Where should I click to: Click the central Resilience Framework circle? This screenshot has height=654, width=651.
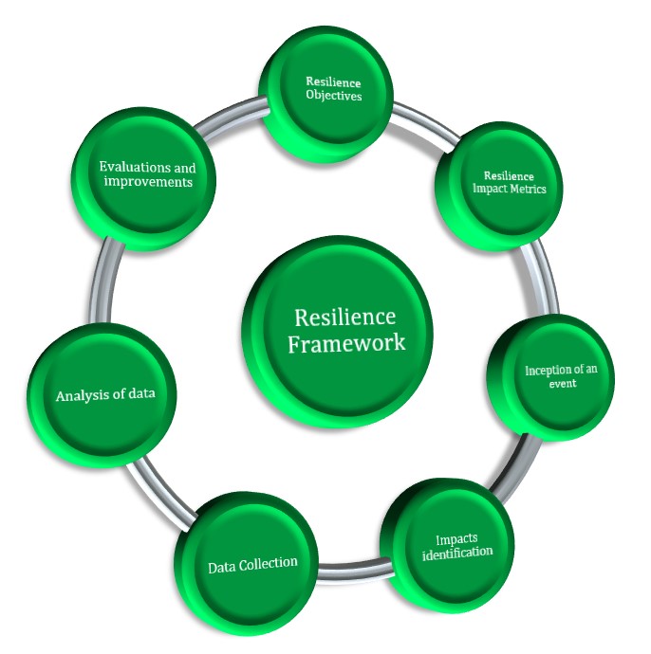tap(339, 329)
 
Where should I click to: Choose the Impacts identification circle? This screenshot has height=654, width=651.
tap(448, 545)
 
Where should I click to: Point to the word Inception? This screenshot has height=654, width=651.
tap(549, 370)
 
